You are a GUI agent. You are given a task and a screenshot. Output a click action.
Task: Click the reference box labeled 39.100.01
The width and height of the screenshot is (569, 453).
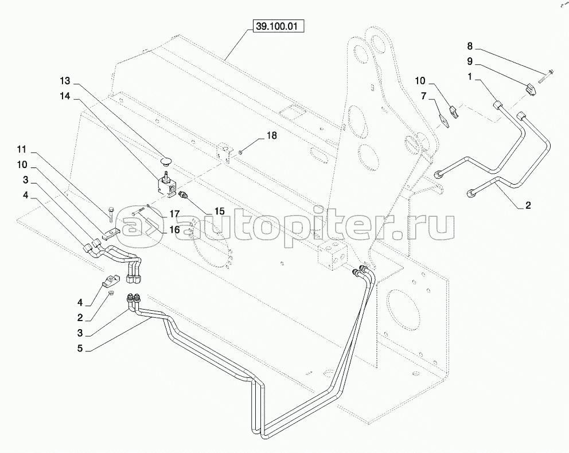[x=275, y=27]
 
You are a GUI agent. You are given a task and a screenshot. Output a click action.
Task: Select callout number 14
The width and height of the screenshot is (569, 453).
[x=64, y=97]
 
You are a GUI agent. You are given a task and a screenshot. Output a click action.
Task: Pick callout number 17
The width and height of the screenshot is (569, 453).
[x=175, y=213]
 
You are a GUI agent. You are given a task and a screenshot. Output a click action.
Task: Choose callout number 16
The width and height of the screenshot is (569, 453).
[x=175, y=230]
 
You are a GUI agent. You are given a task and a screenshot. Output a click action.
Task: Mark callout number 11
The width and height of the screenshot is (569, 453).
[x=22, y=150]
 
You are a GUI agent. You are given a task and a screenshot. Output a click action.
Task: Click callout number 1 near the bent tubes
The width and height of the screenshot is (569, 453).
[x=469, y=76]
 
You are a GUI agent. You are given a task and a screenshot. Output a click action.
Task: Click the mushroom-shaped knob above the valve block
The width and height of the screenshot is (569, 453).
[x=167, y=158]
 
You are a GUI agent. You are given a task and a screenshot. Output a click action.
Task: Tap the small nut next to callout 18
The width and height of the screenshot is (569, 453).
[x=241, y=152]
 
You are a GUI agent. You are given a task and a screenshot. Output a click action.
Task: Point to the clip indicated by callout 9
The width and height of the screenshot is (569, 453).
[x=532, y=89]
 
